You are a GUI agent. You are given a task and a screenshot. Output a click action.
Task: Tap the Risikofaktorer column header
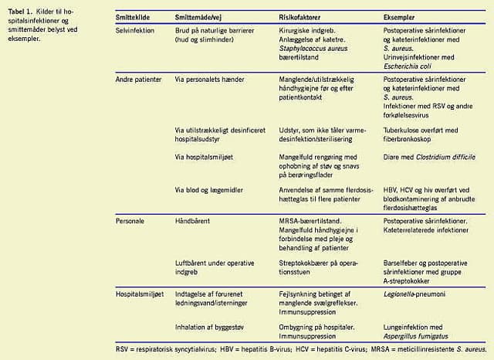point(302,15)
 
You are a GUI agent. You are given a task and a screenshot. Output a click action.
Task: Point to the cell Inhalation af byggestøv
point(211,328)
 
